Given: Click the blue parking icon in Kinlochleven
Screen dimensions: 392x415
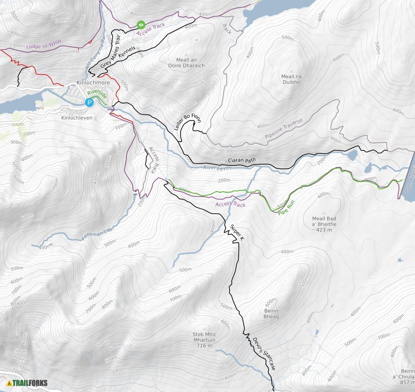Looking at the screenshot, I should [x=89, y=103].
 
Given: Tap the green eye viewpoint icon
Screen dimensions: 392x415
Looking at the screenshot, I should [x=141, y=24].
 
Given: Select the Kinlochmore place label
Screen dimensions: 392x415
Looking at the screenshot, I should [x=93, y=83].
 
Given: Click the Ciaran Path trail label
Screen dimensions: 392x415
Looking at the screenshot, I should [x=242, y=160].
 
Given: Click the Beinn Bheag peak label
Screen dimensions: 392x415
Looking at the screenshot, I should [x=271, y=313].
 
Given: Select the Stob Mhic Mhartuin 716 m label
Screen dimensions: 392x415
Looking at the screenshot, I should [x=205, y=340].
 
